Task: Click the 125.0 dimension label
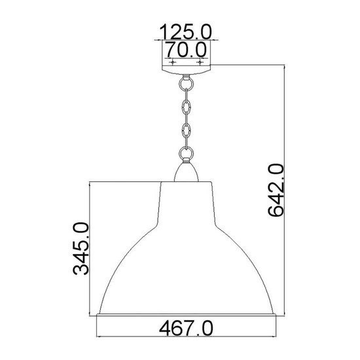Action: [x=185, y=31]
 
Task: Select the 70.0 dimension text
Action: [x=186, y=50]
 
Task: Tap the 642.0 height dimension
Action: [x=276, y=190]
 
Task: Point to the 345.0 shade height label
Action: [x=81, y=249]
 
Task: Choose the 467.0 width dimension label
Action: [x=186, y=329]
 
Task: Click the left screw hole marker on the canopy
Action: [x=173, y=62]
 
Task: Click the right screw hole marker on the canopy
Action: [x=200, y=62]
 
